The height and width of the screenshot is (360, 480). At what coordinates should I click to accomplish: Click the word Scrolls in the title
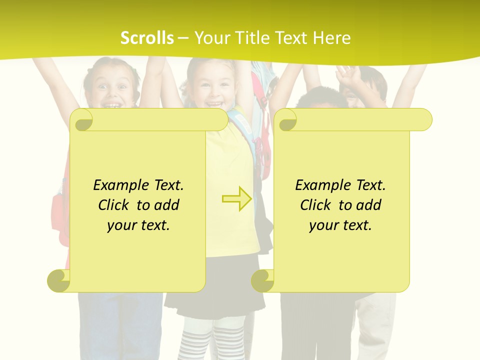[147, 38]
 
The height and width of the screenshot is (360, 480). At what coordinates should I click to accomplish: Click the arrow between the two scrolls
[236, 198]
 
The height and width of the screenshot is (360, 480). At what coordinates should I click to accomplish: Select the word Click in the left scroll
[115, 205]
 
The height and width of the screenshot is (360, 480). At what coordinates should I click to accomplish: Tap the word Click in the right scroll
[317, 205]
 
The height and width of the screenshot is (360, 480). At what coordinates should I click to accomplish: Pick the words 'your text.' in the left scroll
[138, 225]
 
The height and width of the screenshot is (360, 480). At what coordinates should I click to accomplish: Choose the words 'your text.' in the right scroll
[340, 225]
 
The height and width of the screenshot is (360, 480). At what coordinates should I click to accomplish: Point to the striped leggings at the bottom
[215, 340]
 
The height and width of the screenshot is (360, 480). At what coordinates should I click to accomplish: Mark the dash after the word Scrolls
[183, 38]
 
